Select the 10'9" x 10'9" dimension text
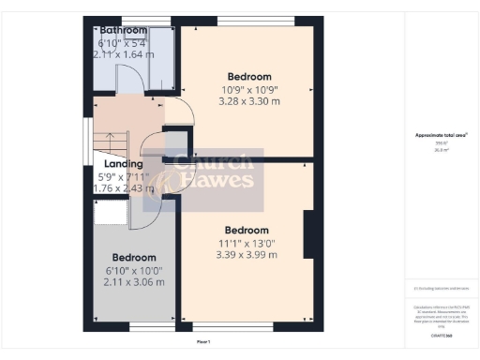(248, 90)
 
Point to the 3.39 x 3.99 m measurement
(247, 254)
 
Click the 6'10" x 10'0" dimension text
(132, 270)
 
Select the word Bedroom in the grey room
(132, 258)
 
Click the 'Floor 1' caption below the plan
(202, 341)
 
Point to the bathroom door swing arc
(152, 82)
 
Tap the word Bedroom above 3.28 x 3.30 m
(248, 77)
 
